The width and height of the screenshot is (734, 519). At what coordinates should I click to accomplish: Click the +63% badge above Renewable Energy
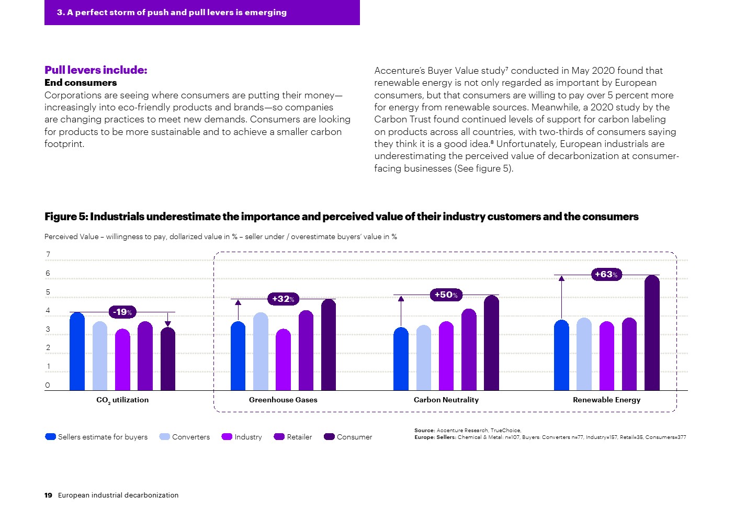606,274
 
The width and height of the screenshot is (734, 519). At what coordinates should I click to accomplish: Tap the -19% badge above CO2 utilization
122,312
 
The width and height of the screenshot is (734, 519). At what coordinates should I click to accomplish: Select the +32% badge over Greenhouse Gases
283,299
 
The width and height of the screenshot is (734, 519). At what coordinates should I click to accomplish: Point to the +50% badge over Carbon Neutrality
446,295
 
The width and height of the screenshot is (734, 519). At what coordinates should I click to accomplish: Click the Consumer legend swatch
329,437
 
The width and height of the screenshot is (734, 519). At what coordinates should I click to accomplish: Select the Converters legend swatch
164,437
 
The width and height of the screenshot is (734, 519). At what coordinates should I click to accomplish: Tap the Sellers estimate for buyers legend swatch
50,437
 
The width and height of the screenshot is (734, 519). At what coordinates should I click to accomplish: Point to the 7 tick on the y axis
48,255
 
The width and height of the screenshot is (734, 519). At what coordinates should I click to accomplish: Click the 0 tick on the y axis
48,385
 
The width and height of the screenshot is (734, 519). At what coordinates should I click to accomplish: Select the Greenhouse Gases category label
283,400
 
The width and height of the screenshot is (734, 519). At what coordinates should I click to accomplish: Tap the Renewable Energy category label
606,400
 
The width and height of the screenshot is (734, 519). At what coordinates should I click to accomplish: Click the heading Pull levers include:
96,70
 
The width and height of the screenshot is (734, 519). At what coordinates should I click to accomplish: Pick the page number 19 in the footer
48,495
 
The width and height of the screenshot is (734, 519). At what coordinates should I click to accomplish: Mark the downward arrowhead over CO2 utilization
167,324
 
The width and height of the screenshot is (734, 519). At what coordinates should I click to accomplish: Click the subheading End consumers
81,83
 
